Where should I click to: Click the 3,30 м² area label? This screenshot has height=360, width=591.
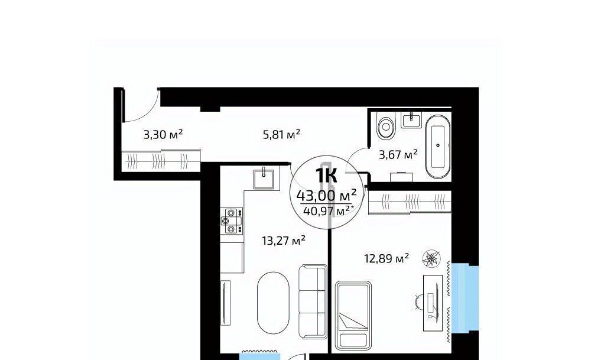click(x=163, y=134)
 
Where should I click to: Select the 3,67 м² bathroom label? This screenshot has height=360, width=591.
click(x=398, y=154)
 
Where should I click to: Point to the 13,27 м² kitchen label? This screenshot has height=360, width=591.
click(x=283, y=240)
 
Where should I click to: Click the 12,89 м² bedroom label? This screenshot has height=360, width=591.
click(x=387, y=258)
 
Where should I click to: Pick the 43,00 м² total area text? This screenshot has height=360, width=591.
click(x=326, y=196)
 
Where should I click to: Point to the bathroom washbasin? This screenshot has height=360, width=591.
click(x=411, y=120)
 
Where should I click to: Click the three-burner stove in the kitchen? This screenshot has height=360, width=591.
click(x=232, y=221)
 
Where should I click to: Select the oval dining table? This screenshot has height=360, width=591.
click(x=273, y=302)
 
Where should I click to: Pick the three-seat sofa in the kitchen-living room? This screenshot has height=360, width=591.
click(x=313, y=302)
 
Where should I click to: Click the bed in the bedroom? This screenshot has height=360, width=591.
click(x=353, y=315)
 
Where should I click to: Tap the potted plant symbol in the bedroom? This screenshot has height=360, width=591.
click(x=432, y=258)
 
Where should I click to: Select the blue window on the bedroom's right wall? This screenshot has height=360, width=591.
click(x=465, y=299)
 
